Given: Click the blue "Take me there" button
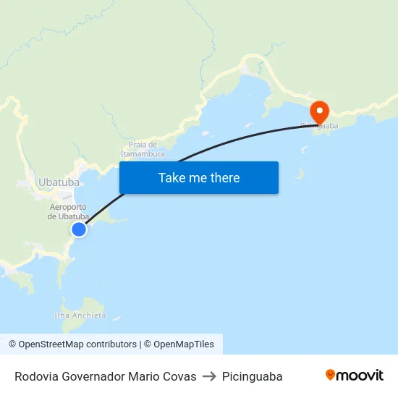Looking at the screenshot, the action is click(199, 177).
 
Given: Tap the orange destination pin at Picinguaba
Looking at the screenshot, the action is click(319, 111).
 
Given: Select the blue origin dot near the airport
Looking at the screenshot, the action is click(79, 229).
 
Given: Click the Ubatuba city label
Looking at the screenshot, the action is click(59, 182).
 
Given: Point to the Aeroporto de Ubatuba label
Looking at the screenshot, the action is click(68, 212).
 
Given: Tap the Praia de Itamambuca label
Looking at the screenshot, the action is click(143, 149).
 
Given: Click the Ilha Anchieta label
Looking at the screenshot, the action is click(80, 316).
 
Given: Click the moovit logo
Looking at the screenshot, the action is click(355, 376).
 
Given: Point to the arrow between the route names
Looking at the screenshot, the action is click(209, 376).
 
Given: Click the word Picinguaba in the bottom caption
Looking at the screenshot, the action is click(253, 376).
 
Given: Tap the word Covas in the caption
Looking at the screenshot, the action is click(180, 376).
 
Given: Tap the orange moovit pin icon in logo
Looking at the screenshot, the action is click(331, 375).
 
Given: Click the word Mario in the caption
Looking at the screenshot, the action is click(144, 376).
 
